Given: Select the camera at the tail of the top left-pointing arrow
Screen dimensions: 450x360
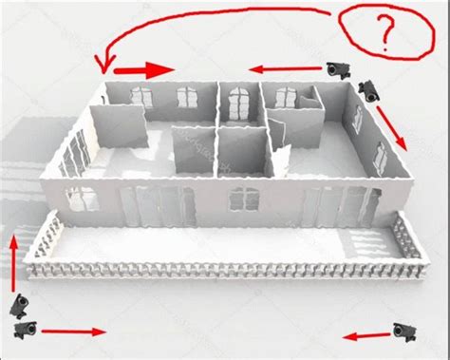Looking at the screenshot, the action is pos(339,70).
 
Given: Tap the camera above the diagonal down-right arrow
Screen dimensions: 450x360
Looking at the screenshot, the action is pos(369,91).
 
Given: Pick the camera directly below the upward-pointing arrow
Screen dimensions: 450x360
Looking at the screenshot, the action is pos(19,306).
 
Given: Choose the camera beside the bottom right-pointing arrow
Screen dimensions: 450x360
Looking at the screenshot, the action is pos(26,330).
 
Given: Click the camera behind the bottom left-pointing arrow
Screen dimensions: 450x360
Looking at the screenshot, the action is pos(404,332).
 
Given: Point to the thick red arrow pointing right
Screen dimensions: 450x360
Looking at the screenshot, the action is pos(144,70).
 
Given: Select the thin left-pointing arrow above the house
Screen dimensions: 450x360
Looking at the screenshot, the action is pos(285,68).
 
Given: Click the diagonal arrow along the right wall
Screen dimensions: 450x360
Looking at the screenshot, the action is pos(391,128).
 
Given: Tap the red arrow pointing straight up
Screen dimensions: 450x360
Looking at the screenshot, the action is pos(13,263).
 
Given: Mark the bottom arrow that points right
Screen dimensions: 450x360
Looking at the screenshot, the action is pos(74,332).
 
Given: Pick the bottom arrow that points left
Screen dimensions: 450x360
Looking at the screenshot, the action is pos(366,336).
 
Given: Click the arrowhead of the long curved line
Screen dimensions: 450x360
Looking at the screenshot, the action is pos(105,65).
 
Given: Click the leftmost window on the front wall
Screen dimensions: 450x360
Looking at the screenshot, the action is pos(82,199).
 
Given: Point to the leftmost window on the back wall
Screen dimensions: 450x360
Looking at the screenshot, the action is pos(141,97).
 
